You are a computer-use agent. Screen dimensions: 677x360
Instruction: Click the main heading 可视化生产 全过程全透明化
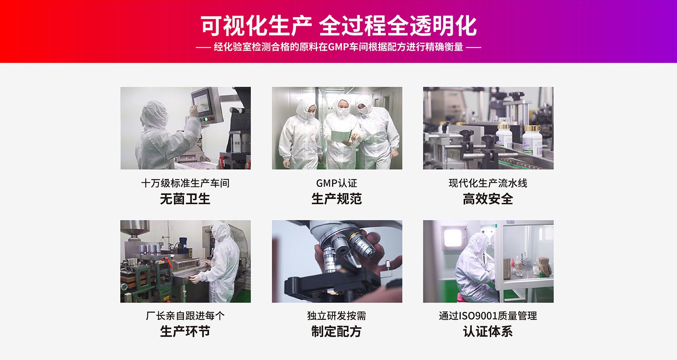338,26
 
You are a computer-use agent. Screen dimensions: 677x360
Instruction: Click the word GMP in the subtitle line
338,47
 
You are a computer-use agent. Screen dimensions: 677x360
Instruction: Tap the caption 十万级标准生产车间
185,183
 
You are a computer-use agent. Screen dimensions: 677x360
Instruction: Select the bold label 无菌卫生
185,199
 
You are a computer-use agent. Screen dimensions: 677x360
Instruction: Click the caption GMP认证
337,183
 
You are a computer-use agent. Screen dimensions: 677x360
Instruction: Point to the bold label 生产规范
337,199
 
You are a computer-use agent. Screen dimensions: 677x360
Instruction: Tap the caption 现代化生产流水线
488,183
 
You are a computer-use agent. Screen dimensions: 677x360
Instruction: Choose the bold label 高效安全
488,199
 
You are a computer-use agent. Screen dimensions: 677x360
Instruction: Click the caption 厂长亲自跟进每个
185,316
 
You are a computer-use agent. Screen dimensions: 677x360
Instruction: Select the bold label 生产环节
185,331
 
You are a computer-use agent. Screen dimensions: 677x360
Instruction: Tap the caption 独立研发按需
337,316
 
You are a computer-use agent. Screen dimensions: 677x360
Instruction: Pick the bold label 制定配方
337,331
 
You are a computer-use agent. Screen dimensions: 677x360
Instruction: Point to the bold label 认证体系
488,331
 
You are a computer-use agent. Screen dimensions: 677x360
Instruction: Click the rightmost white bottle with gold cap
532,141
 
